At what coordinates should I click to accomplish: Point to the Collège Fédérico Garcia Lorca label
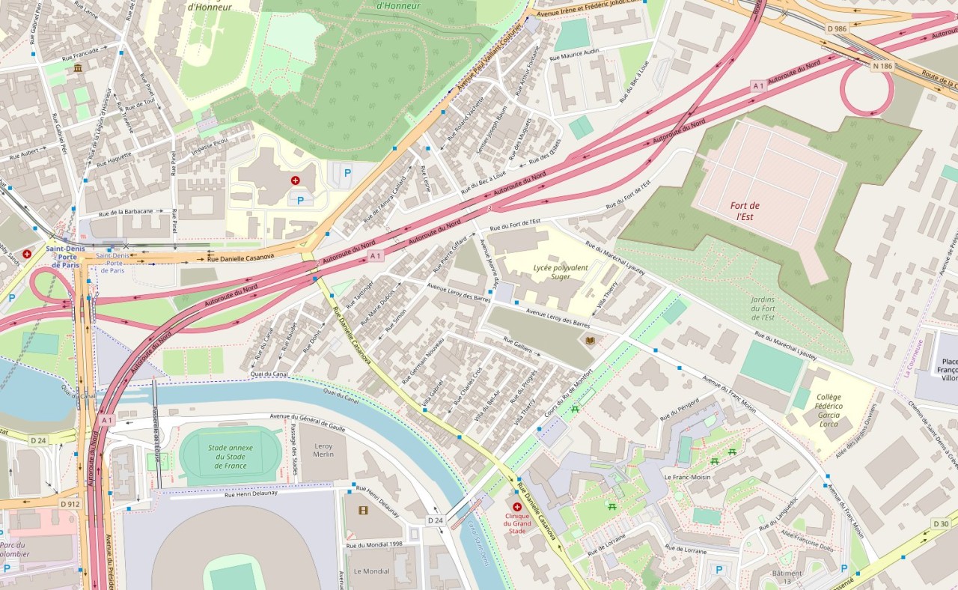tap(829, 407)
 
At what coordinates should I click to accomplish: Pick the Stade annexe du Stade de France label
tap(231, 456)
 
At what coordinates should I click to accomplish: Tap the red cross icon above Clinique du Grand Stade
tap(516, 507)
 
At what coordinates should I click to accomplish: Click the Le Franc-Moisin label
tap(687, 477)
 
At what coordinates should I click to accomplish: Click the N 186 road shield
tap(882, 66)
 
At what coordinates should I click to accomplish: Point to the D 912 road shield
tap(70, 504)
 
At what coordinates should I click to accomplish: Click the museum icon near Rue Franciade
tap(78, 69)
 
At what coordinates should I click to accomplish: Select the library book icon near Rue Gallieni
tap(591, 341)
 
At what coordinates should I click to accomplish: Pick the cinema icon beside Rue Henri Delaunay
tap(363, 511)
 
